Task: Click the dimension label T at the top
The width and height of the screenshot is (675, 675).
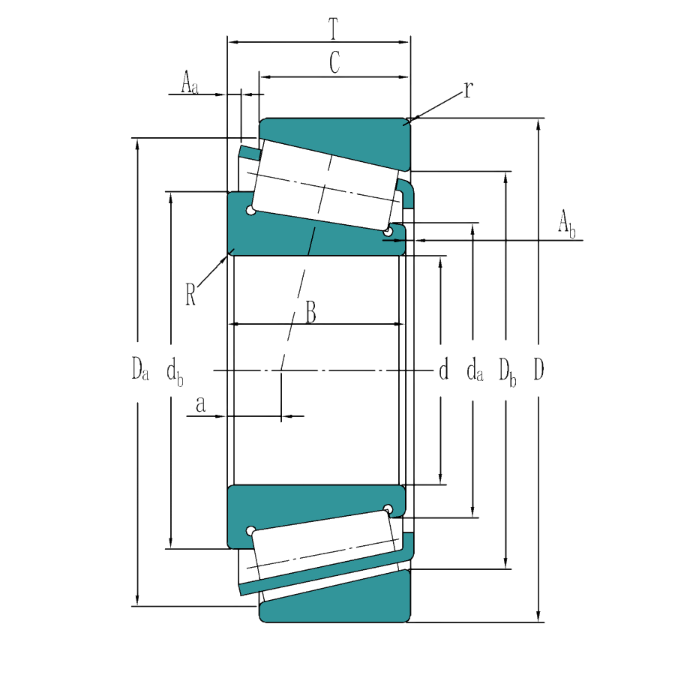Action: (334, 29)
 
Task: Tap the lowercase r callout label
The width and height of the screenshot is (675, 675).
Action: (468, 91)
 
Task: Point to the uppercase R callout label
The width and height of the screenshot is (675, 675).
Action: (191, 293)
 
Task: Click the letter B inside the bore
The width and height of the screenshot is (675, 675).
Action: (310, 313)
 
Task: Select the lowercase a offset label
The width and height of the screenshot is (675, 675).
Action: (201, 405)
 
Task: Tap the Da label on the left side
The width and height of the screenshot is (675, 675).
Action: (140, 369)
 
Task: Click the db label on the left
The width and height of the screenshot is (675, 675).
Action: (175, 370)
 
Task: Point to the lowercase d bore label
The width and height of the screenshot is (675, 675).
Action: (443, 369)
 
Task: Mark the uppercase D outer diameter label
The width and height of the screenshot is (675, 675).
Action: (538, 369)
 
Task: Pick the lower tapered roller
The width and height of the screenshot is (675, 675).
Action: (322, 551)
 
